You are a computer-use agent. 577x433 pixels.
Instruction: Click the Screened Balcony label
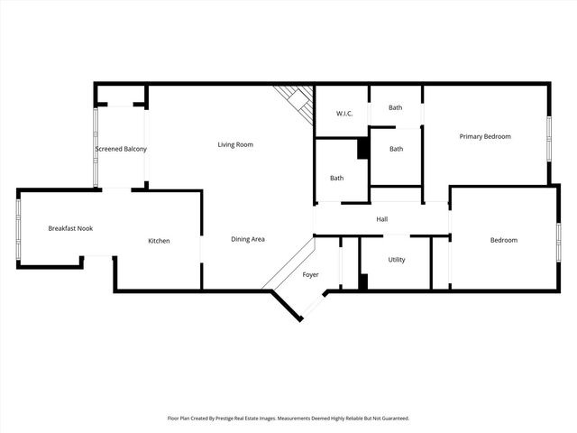121,149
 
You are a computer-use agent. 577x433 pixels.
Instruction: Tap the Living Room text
235,144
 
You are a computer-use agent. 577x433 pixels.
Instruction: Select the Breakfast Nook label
70,228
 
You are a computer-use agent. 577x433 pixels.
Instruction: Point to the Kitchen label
159,241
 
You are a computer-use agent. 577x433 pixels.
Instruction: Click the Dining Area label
248,239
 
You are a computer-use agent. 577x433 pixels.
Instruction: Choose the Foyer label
310,274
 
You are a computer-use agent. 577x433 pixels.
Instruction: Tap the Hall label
382,219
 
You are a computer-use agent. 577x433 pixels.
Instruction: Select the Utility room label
397,260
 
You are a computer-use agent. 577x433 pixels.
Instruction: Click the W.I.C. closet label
344,114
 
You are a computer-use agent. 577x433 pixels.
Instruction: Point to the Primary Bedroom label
485,136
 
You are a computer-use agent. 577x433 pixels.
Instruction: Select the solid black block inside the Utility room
363,281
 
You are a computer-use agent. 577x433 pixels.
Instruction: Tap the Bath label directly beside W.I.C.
396,108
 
